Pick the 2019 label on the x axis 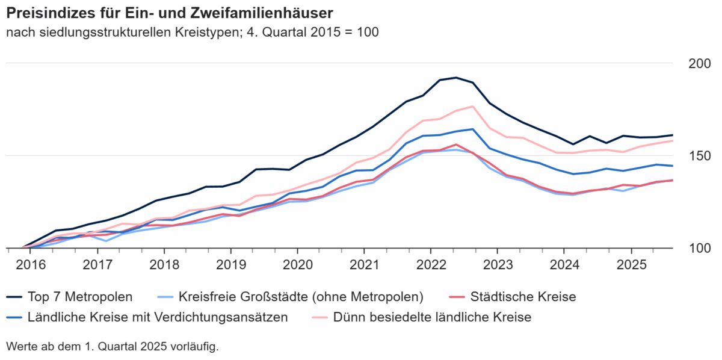(x=230, y=265)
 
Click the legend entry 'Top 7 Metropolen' (x=80, y=297)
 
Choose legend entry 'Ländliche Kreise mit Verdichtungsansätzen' (x=158, y=317)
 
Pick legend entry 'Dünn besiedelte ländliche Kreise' (x=432, y=317)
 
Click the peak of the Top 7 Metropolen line (x=456, y=77)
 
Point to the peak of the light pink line (x=473, y=107)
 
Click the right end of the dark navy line (x=672, y=135)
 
